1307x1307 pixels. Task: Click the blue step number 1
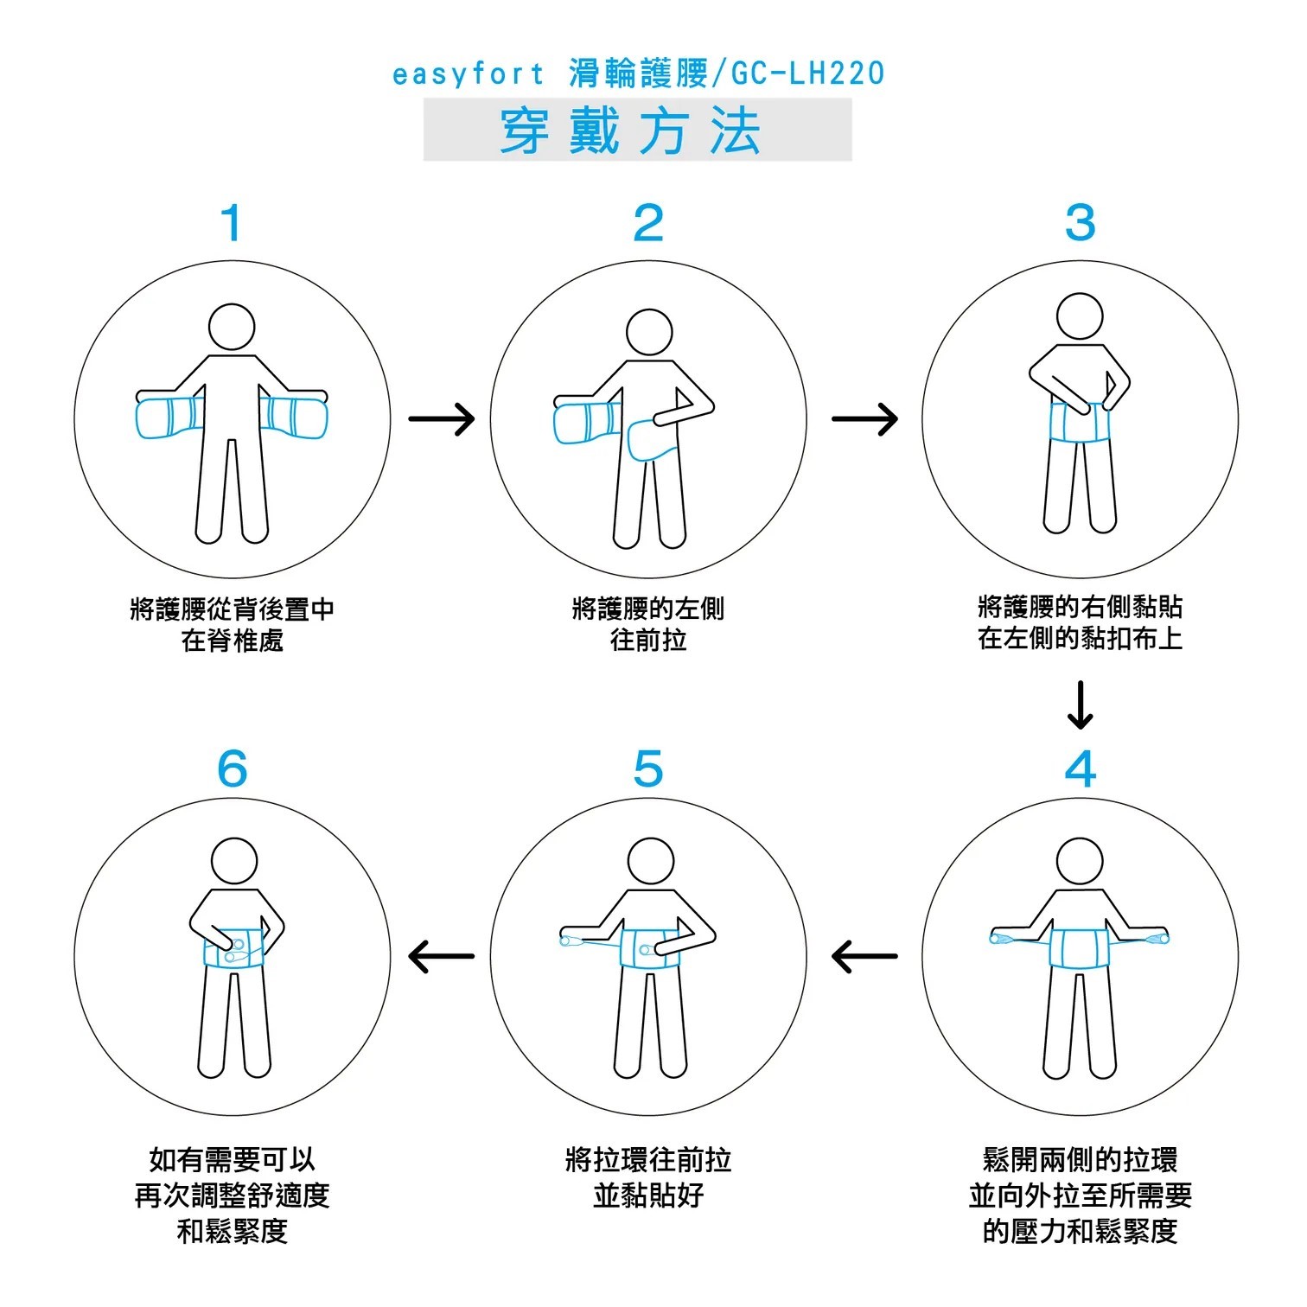point(231,223)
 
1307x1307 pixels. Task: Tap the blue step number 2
point(648,223)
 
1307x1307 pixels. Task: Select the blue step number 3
point(1080,223)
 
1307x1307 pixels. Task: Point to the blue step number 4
point(1080,768)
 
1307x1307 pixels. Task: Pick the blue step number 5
point(648,768)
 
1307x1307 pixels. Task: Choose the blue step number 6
point(232,768)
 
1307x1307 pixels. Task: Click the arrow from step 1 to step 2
point(442,419)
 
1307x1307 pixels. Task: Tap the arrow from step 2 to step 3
point(865,419)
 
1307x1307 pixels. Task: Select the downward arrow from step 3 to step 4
point(1080,706)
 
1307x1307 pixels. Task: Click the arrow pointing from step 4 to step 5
point(864,956)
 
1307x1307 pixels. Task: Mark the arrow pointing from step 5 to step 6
point(441,956)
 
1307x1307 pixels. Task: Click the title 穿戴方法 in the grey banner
point(637,131)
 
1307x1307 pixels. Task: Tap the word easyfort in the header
point(469,74)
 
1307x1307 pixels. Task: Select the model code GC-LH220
point(808,74)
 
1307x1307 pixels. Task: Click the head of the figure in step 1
point(232,328)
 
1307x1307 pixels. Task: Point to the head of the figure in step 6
point(234,861)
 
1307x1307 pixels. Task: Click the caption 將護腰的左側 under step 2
point(648,609)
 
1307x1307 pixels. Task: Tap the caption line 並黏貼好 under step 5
point(648,1195)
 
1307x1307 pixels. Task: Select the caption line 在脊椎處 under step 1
point(232,641)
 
